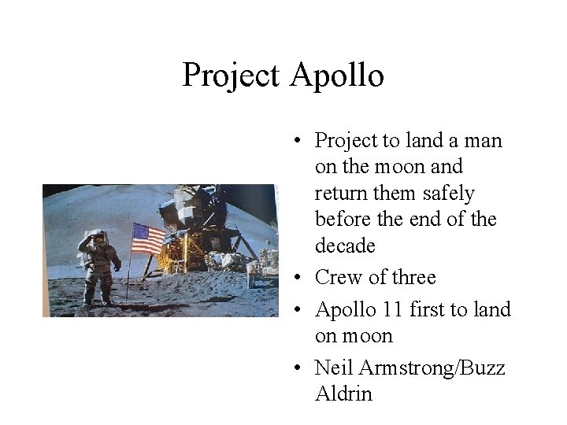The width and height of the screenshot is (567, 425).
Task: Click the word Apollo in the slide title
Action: point(337,76)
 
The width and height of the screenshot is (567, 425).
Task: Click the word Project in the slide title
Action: point(231,76)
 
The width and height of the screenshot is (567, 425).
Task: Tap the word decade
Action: point(345,246)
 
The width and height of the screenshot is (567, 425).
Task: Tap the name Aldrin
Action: point(343,394)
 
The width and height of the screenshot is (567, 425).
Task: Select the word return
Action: point(340,194)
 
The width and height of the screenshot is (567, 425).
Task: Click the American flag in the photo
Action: point(147,238)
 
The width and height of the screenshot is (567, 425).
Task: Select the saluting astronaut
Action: point(98,268)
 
